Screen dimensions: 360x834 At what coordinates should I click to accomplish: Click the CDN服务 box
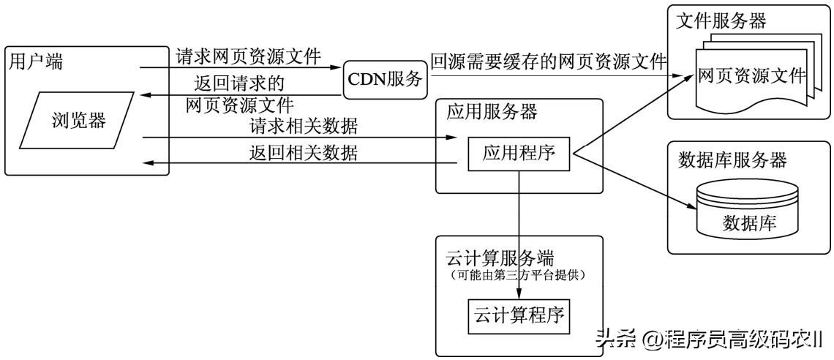pyautogui.click(x=386, y=78)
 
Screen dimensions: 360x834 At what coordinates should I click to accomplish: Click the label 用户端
pyautogui.click(x=36, y=61)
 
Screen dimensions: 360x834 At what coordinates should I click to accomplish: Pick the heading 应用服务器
pyautogui.click(x=492, y=112)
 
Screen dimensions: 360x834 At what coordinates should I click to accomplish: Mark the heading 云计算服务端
pyautogui.click(x=500, y=258)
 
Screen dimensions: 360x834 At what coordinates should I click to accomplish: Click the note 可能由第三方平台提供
pyautogui.click(x=519, y=274)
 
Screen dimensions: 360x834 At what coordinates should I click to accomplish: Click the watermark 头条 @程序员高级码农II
pyautogui.click(x=709, y=338)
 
